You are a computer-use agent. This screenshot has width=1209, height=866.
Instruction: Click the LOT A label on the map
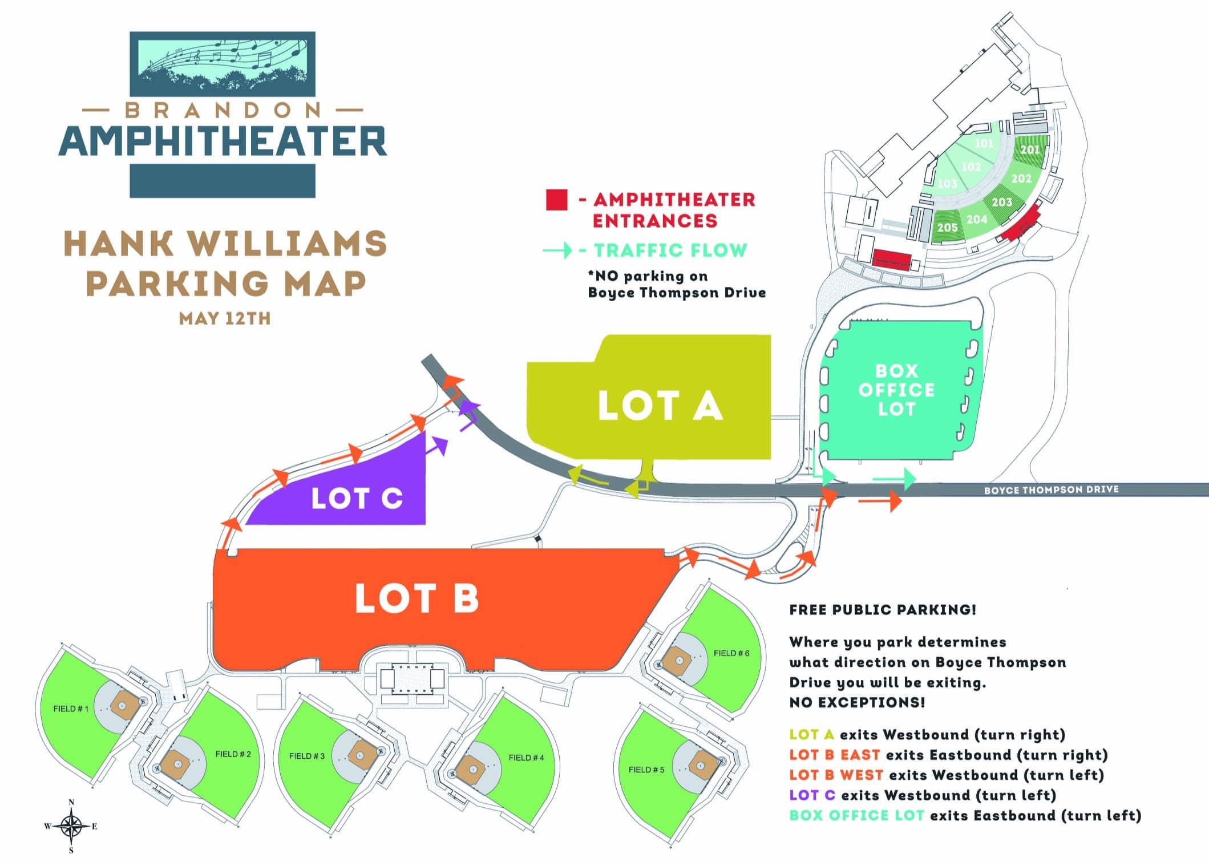pyautogui.click(x=660, y=406)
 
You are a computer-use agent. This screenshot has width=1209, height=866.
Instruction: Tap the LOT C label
pyautogui.click(x=357, y=498)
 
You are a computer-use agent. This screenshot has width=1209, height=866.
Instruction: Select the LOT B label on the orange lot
pyautogui.click(x=417, y=598)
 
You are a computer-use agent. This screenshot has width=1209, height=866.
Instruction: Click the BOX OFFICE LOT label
pyautogui.click(x=896, y=390)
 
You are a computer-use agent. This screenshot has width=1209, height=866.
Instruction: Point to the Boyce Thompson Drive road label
pyautogui.click(x=1051, y=489)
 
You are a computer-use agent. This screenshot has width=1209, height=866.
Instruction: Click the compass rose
pyautogui.click(x=71, y=825)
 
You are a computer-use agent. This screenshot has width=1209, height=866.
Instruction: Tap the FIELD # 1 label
pyautogui.click(x=71, y=709)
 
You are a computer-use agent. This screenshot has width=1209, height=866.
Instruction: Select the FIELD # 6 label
pyautogui.click(x=731, y=653)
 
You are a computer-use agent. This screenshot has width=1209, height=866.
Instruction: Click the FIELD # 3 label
pyautogui.click(x=307, y=756)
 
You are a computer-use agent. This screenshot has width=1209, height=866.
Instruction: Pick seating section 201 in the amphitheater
pyautogui.click(x=1030, y=149)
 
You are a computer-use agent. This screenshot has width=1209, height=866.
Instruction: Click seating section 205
pyautogui.click(x=947, y=228)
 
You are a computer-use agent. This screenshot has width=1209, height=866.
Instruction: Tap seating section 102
pyautogui.click(x=971, y=167)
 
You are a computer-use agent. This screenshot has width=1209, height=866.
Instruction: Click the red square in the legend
pyautogui.click(x=556, y=200)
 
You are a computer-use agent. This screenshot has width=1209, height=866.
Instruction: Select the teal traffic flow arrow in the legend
pyautogui.click(x=557, y=250)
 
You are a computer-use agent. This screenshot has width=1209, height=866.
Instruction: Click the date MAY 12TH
pyautogui.click(x=225, y=318)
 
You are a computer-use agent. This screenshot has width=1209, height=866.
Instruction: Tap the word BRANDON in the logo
pyautogui.click(x=223, y=110)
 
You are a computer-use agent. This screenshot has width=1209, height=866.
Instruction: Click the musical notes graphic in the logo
pyautogui.click(x=223, y=54)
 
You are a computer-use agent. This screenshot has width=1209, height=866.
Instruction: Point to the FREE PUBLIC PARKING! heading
pyautogui.click(x=883, y=610)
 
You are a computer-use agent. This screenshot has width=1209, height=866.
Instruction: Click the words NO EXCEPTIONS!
pyautogui.click(x=857, y=702)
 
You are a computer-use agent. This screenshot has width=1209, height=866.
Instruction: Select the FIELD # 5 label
pyautogui.click(x=646, y=770)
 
